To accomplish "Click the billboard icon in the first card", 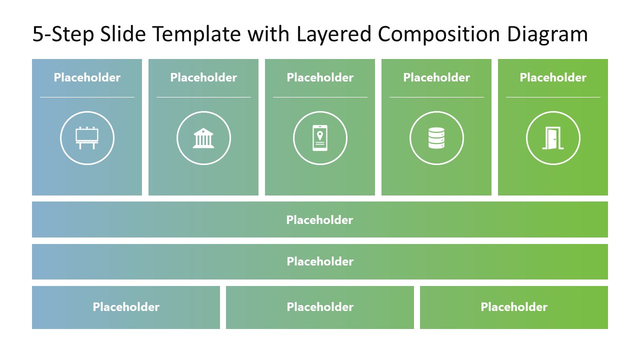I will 87,137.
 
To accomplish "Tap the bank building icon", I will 203,138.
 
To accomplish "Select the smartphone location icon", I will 320,137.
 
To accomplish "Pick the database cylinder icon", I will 436,138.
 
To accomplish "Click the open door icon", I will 552,138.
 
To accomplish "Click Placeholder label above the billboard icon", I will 87,77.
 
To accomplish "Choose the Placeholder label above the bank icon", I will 203,77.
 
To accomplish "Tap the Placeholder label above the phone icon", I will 320,77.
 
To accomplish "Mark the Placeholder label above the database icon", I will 436,77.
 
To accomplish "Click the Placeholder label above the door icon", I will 553,77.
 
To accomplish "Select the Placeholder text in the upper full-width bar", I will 320,220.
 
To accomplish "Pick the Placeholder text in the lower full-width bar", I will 320,261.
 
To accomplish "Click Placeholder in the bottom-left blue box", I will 126,307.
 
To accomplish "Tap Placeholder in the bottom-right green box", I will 514,307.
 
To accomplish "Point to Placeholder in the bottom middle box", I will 320,307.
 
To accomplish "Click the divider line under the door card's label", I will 553,97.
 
